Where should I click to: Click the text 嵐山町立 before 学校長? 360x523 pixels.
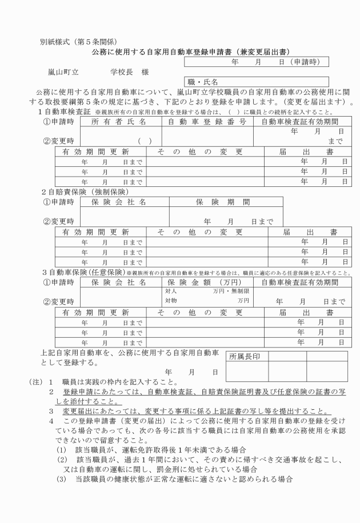pos(63,73)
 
